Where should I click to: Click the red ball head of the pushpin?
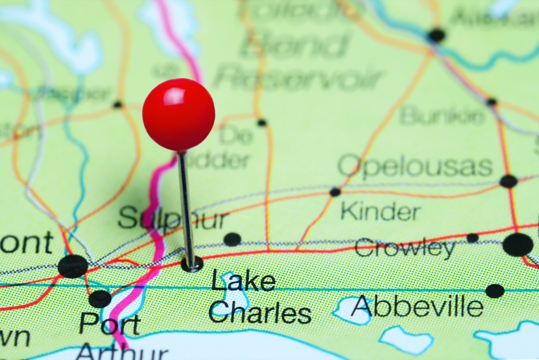(x=178, y=115)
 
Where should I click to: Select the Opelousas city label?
(x=415, y=166)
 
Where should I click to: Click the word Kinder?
(x=380, y=211)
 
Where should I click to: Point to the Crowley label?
(x=405, y=249)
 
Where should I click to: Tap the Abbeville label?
(x=418, y=307)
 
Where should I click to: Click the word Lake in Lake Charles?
(x=243, y=281)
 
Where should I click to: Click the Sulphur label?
(x=173, y=219)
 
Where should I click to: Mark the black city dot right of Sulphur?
(x=232, y=239)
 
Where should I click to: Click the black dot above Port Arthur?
(x=100, y=299)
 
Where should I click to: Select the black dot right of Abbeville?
(x=495, y=291)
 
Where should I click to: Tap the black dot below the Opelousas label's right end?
(x=508, y=181)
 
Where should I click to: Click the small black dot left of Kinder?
(x=335, y=192)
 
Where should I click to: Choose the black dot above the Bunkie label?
(x=491, y=102)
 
